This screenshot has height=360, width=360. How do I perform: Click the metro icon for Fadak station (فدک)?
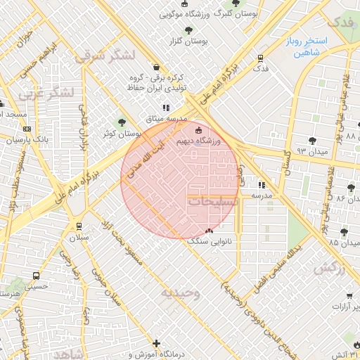(261, 58)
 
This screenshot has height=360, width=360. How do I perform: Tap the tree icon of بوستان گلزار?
(188, 30)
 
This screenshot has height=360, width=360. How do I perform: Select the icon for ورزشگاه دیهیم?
(198, 130)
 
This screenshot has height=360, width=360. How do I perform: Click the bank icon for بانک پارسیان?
(27, 129)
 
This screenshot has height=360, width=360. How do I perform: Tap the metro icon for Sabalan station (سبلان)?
(79, 226)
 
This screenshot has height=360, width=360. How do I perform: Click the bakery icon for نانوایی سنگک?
(208, 231)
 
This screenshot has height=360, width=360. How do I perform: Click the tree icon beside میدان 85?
(343, 232)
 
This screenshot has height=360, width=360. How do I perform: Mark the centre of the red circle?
(180, 180)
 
